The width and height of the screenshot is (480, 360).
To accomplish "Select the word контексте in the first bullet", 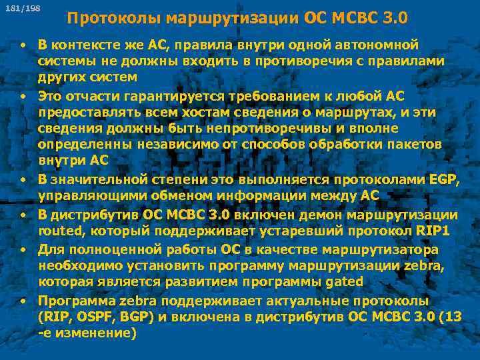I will coord(84,45).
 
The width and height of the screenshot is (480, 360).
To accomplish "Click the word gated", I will coord(344,281).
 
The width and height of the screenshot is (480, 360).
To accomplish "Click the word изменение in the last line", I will coord(97,333).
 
